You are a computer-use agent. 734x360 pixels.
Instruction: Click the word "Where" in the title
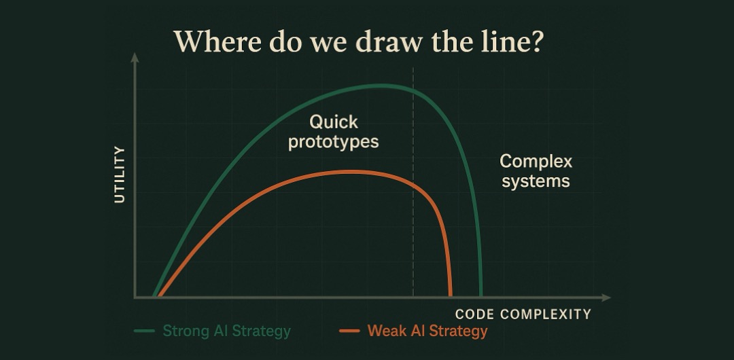coord(217,41)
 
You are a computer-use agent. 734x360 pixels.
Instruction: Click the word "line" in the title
coord(505,41)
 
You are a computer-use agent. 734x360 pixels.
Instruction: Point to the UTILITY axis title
coord(120,174)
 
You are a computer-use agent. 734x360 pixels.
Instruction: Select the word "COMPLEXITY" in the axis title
coord(545,314)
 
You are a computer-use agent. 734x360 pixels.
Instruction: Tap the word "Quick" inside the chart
coord(334,122)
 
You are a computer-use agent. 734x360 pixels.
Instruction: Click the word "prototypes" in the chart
coord(333,141)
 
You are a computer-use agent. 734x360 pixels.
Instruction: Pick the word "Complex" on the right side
coord(536,162)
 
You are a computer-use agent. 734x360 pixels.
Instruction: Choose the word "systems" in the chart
coord(536,181)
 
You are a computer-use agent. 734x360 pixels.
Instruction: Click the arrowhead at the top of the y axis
coord(135,58)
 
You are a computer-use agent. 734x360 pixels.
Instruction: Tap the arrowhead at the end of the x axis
coord(606,298)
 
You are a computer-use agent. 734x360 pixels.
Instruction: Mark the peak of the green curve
coord(381,85)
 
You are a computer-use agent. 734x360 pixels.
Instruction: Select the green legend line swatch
coord(144,331)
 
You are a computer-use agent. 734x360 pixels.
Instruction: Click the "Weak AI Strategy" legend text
coord(427,331)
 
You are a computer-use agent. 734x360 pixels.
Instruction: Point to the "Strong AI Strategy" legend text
coord(226,331)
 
